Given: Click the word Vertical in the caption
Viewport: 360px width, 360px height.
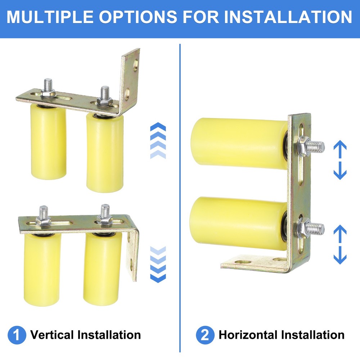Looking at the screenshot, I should tap(53, 335).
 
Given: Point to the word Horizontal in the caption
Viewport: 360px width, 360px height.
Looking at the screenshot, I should tap(248, 335).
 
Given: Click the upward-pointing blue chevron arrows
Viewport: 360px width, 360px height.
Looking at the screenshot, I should tap(158, 140).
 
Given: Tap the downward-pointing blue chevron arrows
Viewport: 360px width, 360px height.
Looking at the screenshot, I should tap(158, 265).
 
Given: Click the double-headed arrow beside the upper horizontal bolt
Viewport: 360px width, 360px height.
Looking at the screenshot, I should tap(340, 160).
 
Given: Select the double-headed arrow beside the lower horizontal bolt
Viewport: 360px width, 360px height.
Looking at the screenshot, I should tap(340, 244).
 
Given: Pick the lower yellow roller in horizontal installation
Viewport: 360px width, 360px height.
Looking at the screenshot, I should tap(236, 223).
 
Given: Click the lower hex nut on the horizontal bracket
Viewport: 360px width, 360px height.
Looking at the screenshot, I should tap(304, 228).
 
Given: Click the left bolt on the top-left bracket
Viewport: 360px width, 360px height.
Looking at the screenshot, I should tap(47, 88).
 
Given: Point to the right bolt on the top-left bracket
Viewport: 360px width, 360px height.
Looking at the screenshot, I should tap(105, 95).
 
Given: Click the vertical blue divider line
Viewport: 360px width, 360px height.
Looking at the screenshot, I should tap(180, 198).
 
